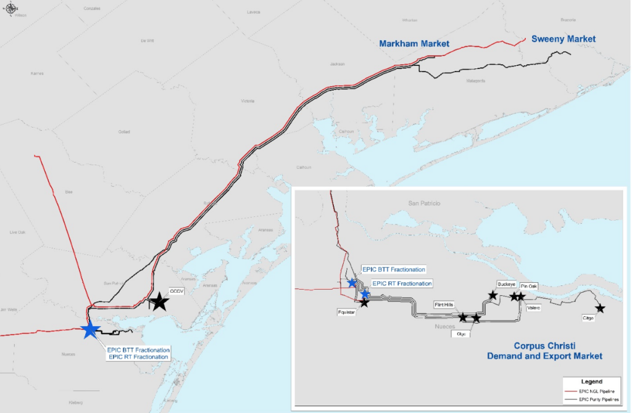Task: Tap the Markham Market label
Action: pyautogui.click(x=414, y=44)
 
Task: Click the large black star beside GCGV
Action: pyautogui.click(x=159, y=301)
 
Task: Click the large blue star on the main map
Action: pyautogui.click(x=90, y=329)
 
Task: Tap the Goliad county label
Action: pyautogui.click(x=124, y=131)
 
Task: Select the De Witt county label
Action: pyautogui.click(x=146, y=41)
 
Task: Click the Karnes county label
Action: pyautogui.click(x=37, y=73)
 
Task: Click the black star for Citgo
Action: pyautogui.click(x=599, y=308)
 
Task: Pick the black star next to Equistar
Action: pyautogui.click(x=364, y=302)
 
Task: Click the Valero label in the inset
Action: pyautogui.click(x=534, y=308)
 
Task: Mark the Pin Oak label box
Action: pyautogui.click(x=528, y=286)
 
